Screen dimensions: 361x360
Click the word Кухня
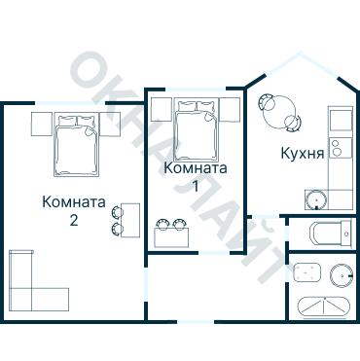pyautogui.click(x=302, y=154)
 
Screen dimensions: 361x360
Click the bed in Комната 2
pyautogui.click(x=75, y=144)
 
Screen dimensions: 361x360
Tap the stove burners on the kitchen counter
pyautogui.click(x=337, y=149)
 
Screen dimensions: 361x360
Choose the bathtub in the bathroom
pyautogui.click(x=323, y=307)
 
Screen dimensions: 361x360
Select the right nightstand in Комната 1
pyautogui.click(x=230, y=109)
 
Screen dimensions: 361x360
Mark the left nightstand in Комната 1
pyautogui.click(x=162, y=109)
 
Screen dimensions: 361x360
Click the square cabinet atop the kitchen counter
pyautogui.click(x=338, y=121)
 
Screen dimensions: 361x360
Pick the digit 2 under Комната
pyautogui.click(x=74, y=220)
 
